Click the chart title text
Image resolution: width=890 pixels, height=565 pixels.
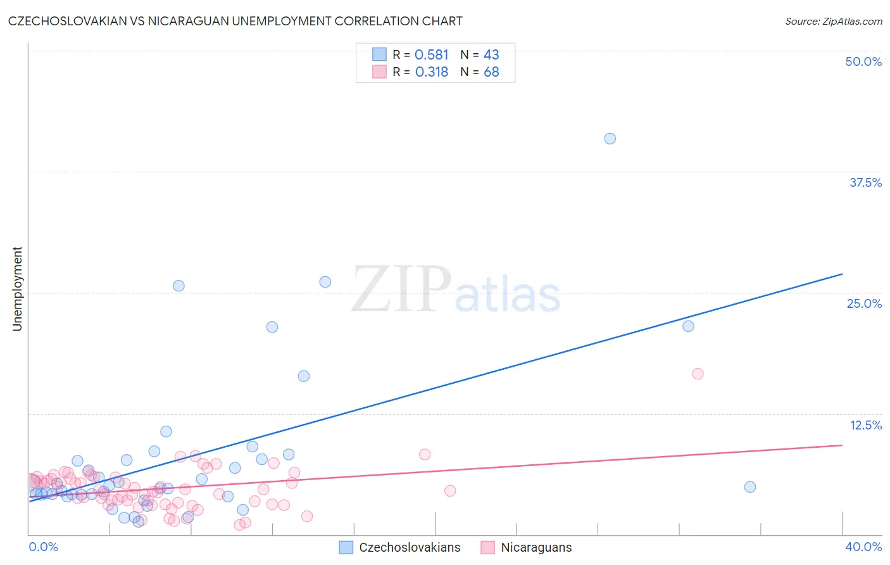pyautogui.click(x=235, y=21)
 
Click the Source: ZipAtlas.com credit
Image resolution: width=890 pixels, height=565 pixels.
pyautogui.click(x=833, y=21)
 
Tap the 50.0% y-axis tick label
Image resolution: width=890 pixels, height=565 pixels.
pyautogui.click(x=863, y=61)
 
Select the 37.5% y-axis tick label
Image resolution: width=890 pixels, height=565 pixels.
pyautogui.click(x=865, y=182)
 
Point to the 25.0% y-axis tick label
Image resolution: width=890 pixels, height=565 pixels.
pyautogui.click(x=863, y=303)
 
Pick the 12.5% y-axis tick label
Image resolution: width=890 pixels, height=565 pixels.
pyautogui.click(x=865, y=424)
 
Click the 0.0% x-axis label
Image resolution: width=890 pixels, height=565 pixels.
pyautogui.click(x=43, y=547)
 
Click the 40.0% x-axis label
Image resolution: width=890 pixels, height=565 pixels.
pyautogui.click(x=863, y=547)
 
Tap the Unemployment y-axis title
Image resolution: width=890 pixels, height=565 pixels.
pyautogui.click(x=17, y=289)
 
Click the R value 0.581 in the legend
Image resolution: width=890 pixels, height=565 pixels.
pyautogui.click(x=431, y=55)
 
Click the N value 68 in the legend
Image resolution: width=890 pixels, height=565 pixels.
pyautogui.click(x=491, y=72)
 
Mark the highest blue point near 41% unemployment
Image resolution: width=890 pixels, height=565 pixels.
pyautogui.click(x=610, y=139)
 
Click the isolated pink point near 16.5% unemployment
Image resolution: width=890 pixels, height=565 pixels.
pyautogui.click(x=698, y=374)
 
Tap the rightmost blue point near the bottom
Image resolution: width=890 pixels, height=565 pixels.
pyautogui.click(x=749, y=487)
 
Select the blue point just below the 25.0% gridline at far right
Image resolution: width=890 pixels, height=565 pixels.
pyautogui.click(x=688, y=326)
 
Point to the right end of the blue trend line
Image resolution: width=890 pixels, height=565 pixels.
pyautogui.click(x=842, y=274)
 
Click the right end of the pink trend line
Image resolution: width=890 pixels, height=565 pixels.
pyautogui.click(x=842, y=445)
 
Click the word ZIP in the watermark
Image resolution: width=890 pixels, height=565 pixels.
pyautogui.click(x=401, y=289)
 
